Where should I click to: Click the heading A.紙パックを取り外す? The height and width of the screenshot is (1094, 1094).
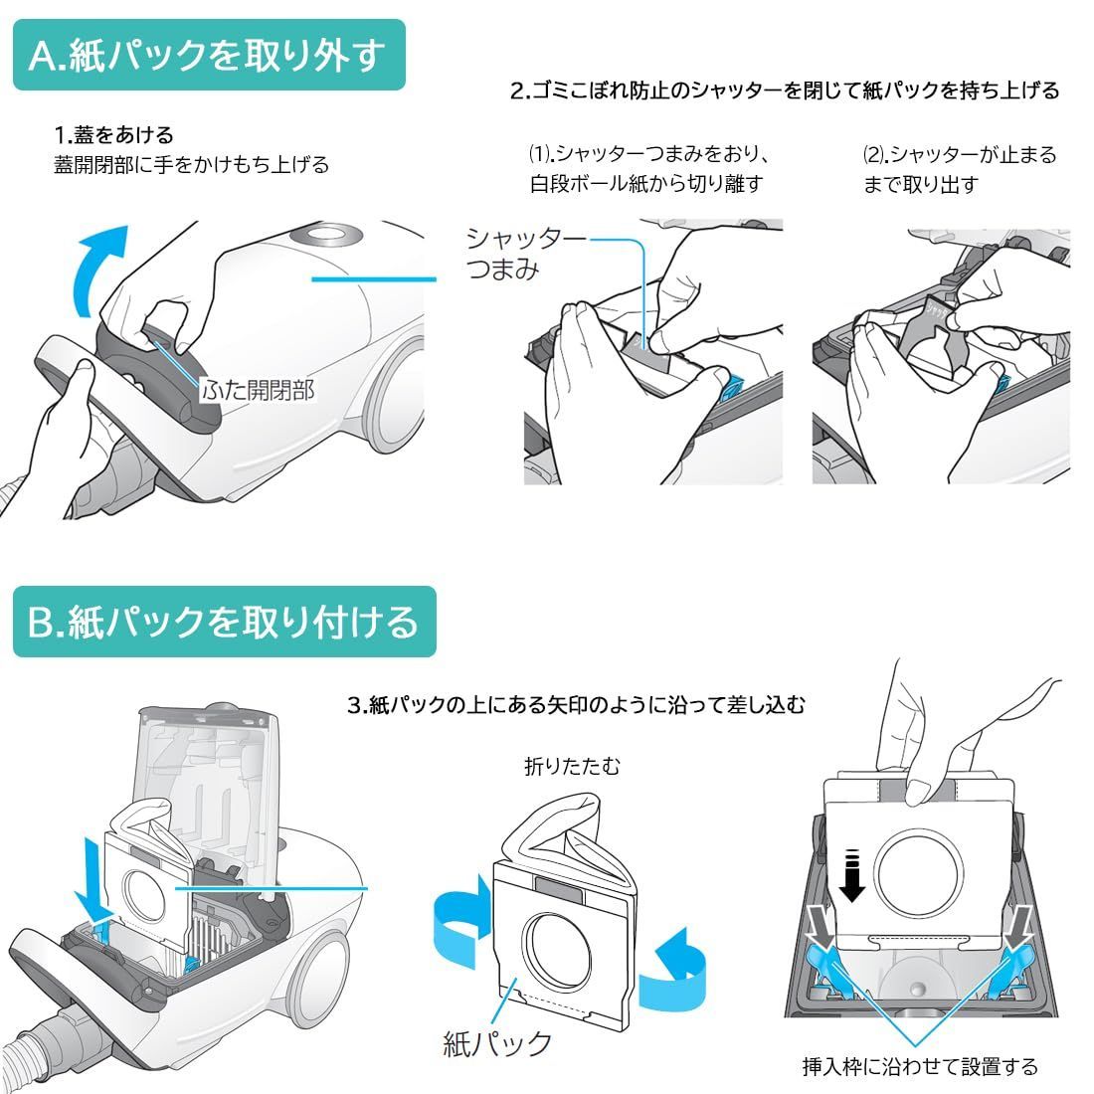[x=207, y=55]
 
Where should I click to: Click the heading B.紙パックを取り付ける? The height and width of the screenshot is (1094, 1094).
[x=223, y=621]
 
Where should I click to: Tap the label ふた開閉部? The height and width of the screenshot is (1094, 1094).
[x=259, y=389]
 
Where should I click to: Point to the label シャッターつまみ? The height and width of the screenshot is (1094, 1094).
[x=525, y=254]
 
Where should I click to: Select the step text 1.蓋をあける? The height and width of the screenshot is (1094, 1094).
[x=113, y=134]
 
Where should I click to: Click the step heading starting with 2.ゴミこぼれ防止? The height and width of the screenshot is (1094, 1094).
[x=785, y=91]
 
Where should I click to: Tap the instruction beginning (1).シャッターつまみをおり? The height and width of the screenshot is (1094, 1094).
[x=648, y=168]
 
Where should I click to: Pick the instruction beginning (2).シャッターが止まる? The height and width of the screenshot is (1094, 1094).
[x=960, y=169]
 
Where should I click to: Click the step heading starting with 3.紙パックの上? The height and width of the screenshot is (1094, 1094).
[x=576, y=705]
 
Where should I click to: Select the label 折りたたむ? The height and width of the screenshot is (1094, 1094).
[x=572, y=766]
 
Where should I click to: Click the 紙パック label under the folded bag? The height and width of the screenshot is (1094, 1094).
[x=497, y=1043]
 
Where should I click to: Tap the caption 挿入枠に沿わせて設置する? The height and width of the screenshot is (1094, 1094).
[x=920, y=1066]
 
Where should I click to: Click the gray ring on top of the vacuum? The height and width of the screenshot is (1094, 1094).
[x=325, y=235]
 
